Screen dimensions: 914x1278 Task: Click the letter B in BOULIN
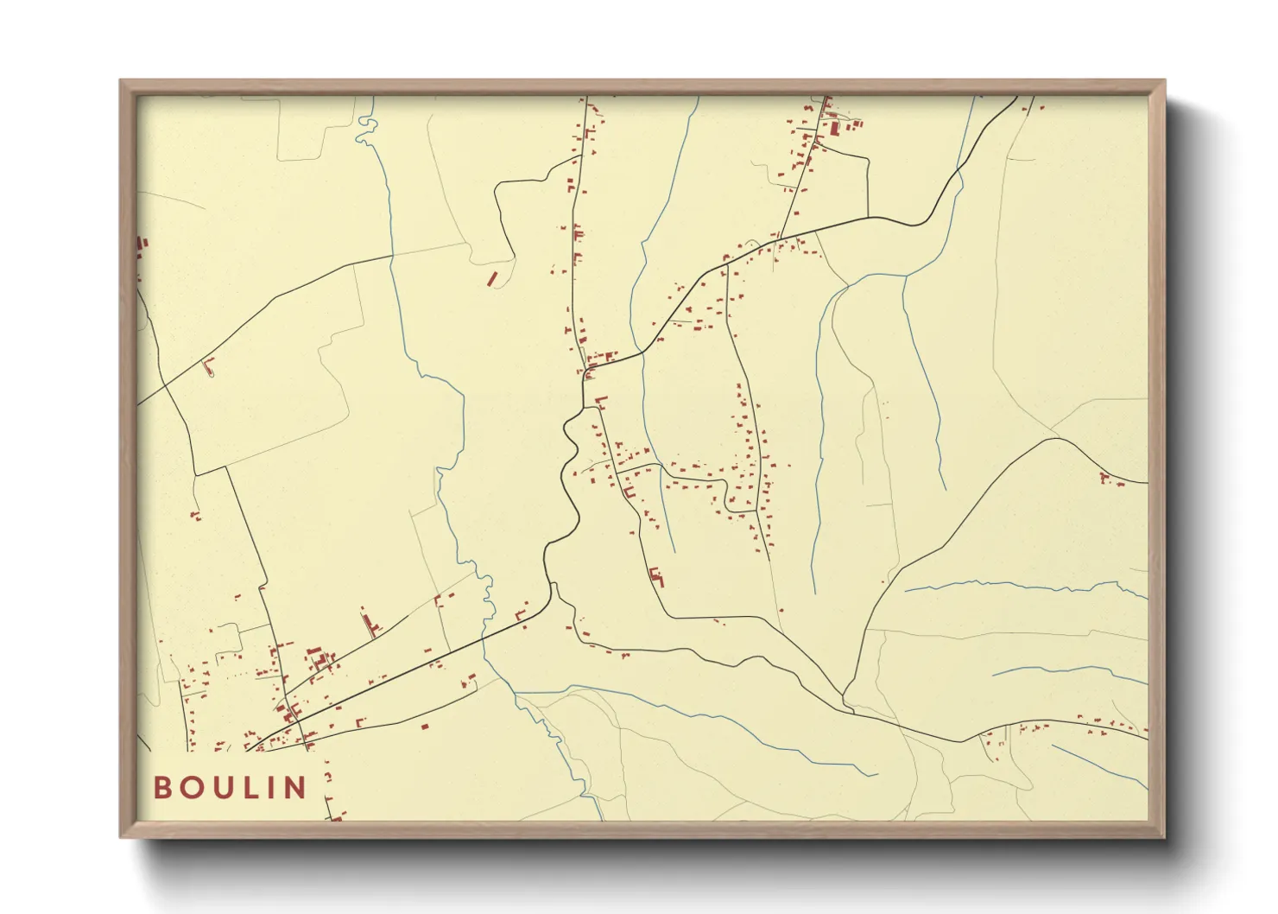[162, 788]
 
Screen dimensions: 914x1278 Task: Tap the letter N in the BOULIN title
[296, 788]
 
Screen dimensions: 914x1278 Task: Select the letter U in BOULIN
[221, 788]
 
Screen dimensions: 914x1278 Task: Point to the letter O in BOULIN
[191, 788]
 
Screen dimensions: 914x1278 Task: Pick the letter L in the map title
[249, 788]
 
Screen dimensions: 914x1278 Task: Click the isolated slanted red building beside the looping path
[492, 278]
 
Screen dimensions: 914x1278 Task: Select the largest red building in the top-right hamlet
[835, 129]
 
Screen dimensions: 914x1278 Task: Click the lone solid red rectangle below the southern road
[424, 727]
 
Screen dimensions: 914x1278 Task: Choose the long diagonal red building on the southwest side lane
[371, 622]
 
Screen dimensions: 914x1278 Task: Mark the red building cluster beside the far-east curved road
[1109, 479]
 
